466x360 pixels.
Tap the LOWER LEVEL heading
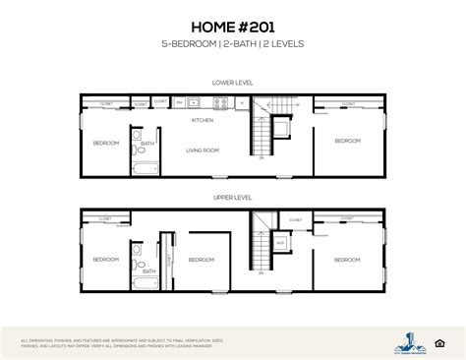click(x=232, y=82)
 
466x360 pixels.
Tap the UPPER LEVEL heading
click(x=232, y=197)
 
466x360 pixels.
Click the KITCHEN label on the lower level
click(x=202, y=119)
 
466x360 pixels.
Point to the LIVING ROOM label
click(x=202, y=150)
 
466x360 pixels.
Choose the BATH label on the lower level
click(x=147, y=145)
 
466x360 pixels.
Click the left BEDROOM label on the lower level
click(x=106, y=144)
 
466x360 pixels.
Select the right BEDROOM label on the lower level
click(x=346, y=142)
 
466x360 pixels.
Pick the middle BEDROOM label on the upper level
click(x=202, y=260)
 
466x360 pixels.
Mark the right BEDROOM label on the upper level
click(x=346, y=260)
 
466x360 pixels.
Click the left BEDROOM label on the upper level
click(x=106, y=260)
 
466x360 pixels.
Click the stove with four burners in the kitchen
click(x=195, y=101)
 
